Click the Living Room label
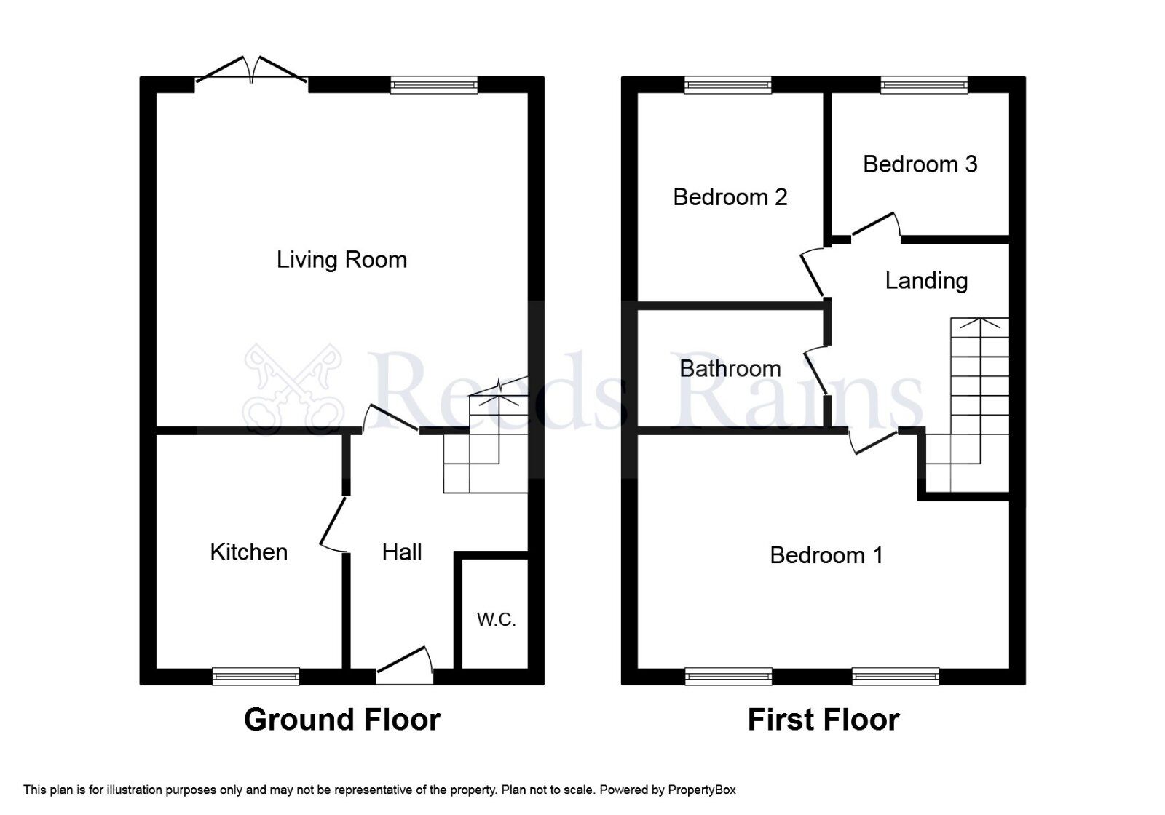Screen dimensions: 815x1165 point(341,260)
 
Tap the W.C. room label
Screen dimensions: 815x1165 point(496,620)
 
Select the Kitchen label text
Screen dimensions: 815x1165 point(248,552)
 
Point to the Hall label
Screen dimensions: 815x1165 point(402,552)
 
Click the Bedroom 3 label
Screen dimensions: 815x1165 point(920,164)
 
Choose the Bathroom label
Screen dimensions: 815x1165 point(730,369)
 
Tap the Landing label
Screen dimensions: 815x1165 point(926,281)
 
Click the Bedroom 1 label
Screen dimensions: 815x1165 point(826,556)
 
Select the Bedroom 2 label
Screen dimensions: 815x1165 point(730,197)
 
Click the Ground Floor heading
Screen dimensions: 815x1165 point(341,720)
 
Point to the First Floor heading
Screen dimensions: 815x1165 point(824,720)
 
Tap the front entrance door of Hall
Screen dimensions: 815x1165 point(405,665)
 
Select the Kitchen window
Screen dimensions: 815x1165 point(256,676)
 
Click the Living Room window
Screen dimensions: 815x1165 point(434,85)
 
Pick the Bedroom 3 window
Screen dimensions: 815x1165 point(924,85)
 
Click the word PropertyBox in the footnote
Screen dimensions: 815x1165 point(702,790)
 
